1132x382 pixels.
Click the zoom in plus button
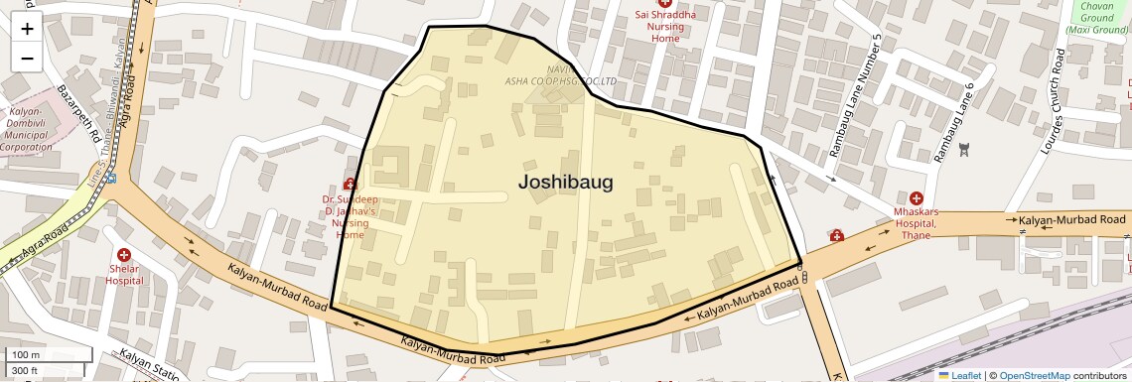pos(27,29)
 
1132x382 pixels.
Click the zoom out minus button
pos(27,58)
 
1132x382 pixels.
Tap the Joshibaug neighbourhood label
pos(565,182)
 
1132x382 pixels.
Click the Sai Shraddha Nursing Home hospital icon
pos(665,3)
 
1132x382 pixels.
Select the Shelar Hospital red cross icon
pos(124,256)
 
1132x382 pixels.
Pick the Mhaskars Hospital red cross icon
pos(916,198)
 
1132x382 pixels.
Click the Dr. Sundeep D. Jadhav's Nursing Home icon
pos(350,184)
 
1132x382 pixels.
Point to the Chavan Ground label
pos(1096,18)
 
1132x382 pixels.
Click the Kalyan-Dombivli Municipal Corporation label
pos(26,129)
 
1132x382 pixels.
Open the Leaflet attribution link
pos(959,375)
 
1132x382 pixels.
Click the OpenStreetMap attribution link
pos(1034,375)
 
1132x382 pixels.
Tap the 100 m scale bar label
pos(26,355)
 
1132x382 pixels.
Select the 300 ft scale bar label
pos(25,371)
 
